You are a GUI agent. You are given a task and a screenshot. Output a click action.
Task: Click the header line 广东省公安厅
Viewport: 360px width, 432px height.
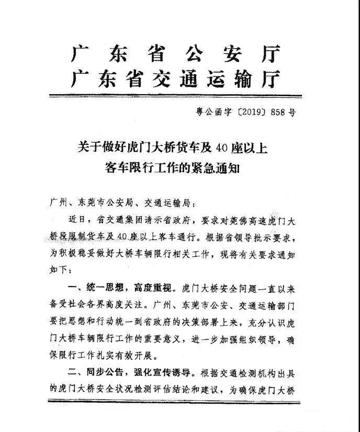[x=176, y=54]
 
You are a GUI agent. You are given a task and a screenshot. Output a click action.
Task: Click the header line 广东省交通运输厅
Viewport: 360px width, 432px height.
[x=176, y=79]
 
